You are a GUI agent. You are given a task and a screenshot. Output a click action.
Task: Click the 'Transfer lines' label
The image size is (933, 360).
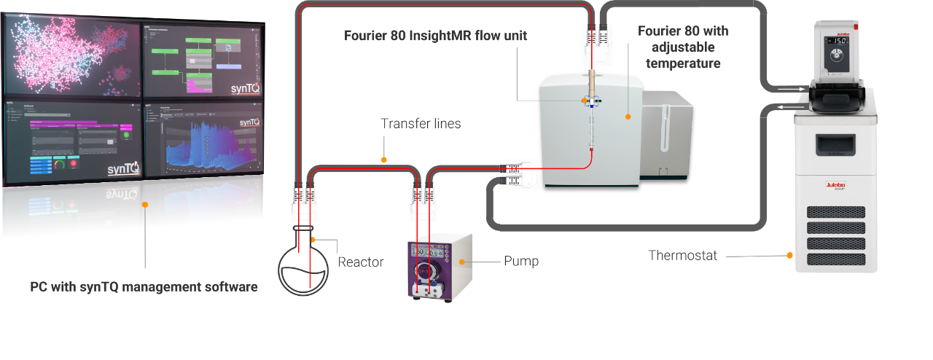point(421,124)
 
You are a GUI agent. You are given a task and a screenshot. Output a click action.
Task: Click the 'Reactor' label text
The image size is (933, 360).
point(360,262)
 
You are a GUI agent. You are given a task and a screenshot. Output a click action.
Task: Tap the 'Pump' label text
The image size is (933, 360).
point(521,261)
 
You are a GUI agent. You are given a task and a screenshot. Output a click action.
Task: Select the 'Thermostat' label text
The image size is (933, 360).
point(682,256)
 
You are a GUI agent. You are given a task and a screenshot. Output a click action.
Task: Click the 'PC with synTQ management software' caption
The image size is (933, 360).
point(144,287)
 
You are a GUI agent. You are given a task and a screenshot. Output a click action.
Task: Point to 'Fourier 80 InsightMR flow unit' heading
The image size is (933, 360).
point(436,36)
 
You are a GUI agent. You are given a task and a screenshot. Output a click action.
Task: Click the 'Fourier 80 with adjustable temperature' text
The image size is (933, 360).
point(683,47)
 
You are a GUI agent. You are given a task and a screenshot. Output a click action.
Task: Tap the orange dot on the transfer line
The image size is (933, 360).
point(383,159)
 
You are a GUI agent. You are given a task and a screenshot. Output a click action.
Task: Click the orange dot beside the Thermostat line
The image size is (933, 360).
point(789,256)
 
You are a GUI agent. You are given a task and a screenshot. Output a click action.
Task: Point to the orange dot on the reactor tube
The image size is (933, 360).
point(314,240)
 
